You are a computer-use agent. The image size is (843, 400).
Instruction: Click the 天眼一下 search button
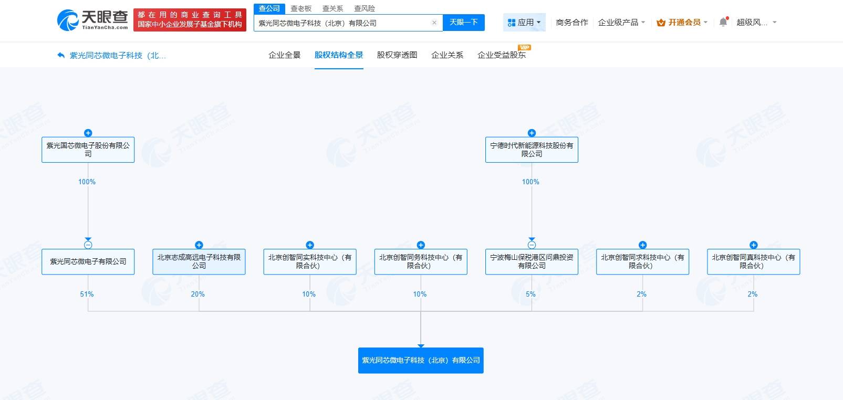point(463,23)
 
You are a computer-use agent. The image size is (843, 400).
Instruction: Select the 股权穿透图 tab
point(397,55)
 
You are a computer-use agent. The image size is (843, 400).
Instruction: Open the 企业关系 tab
point(447,55)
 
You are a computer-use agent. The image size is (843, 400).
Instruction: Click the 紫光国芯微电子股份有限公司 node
point(88,150)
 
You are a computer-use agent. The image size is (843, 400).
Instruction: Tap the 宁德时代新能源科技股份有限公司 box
point(532,150)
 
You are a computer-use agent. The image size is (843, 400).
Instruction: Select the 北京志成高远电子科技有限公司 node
point(199,261)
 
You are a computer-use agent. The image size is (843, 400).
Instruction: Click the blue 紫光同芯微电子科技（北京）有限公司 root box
point(421,361)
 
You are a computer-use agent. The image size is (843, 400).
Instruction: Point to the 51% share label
point(87,294)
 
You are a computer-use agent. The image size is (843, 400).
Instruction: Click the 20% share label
point(198,294)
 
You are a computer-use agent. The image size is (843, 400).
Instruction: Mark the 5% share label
point(530,294)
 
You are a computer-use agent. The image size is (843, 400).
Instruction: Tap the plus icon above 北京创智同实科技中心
point(310,245)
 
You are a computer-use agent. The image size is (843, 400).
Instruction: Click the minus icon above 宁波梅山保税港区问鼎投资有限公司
point(532,245)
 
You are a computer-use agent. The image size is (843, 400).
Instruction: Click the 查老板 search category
point(301,8)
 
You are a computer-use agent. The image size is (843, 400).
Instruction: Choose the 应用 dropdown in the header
point(524,23)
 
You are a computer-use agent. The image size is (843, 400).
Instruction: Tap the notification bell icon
point(723,22)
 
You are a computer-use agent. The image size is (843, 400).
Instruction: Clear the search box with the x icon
point(434,23)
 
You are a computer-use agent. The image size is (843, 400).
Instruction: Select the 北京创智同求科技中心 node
point(642,261)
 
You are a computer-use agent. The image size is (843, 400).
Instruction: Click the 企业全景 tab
point(285,55)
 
